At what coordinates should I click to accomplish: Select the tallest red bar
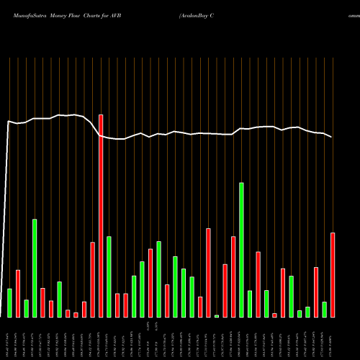point(101,216)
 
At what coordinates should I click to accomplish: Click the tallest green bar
point(241,250)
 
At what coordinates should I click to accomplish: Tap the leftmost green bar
point(9,302)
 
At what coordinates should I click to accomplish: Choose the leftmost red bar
point(18,293)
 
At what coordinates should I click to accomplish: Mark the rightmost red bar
point(333,274)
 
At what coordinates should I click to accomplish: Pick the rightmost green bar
point(325,309)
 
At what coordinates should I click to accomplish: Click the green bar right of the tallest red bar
point(109,276)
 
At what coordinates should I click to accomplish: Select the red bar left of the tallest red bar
point(93,279)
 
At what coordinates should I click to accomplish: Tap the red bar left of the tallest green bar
point(233,276)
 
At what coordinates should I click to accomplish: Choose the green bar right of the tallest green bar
point(250,304)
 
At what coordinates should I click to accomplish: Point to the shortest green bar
point(217,315)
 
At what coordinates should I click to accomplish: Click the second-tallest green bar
point(35,268)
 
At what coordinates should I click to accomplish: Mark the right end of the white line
point(332,137)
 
